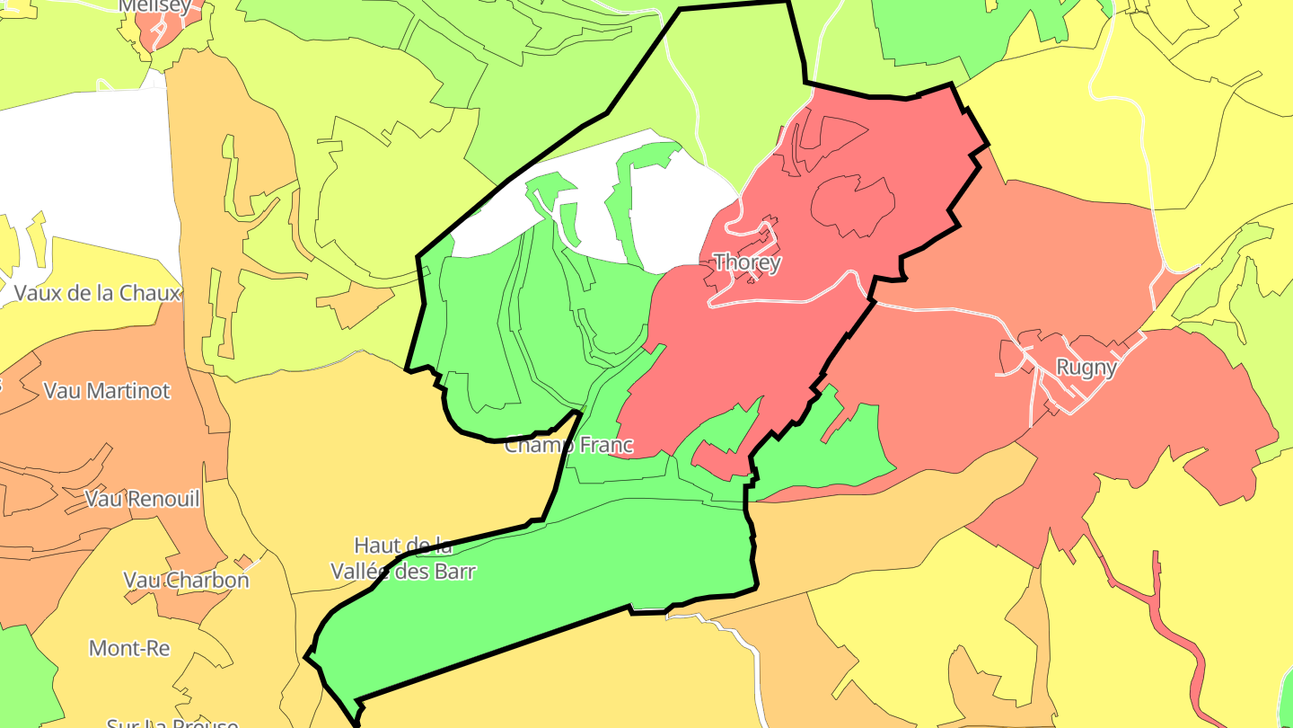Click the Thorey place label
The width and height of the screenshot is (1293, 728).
[x=746, y=262]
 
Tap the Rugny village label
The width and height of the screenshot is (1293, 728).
[x=1086, y=368]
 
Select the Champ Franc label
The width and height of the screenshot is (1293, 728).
[x=568, y=445]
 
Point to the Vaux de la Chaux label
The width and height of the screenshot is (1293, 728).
[x=97, y=293]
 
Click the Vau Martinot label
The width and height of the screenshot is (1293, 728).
[x=106, y=391]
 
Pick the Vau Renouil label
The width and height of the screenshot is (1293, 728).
[x=142, y=498]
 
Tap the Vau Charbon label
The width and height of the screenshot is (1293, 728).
[x=186, y=580]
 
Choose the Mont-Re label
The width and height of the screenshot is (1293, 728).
[x=129, y=648]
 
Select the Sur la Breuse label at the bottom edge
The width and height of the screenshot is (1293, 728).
[x=172, y=722]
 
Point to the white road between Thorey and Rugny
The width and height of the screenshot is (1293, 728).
[x=943, y=310]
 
